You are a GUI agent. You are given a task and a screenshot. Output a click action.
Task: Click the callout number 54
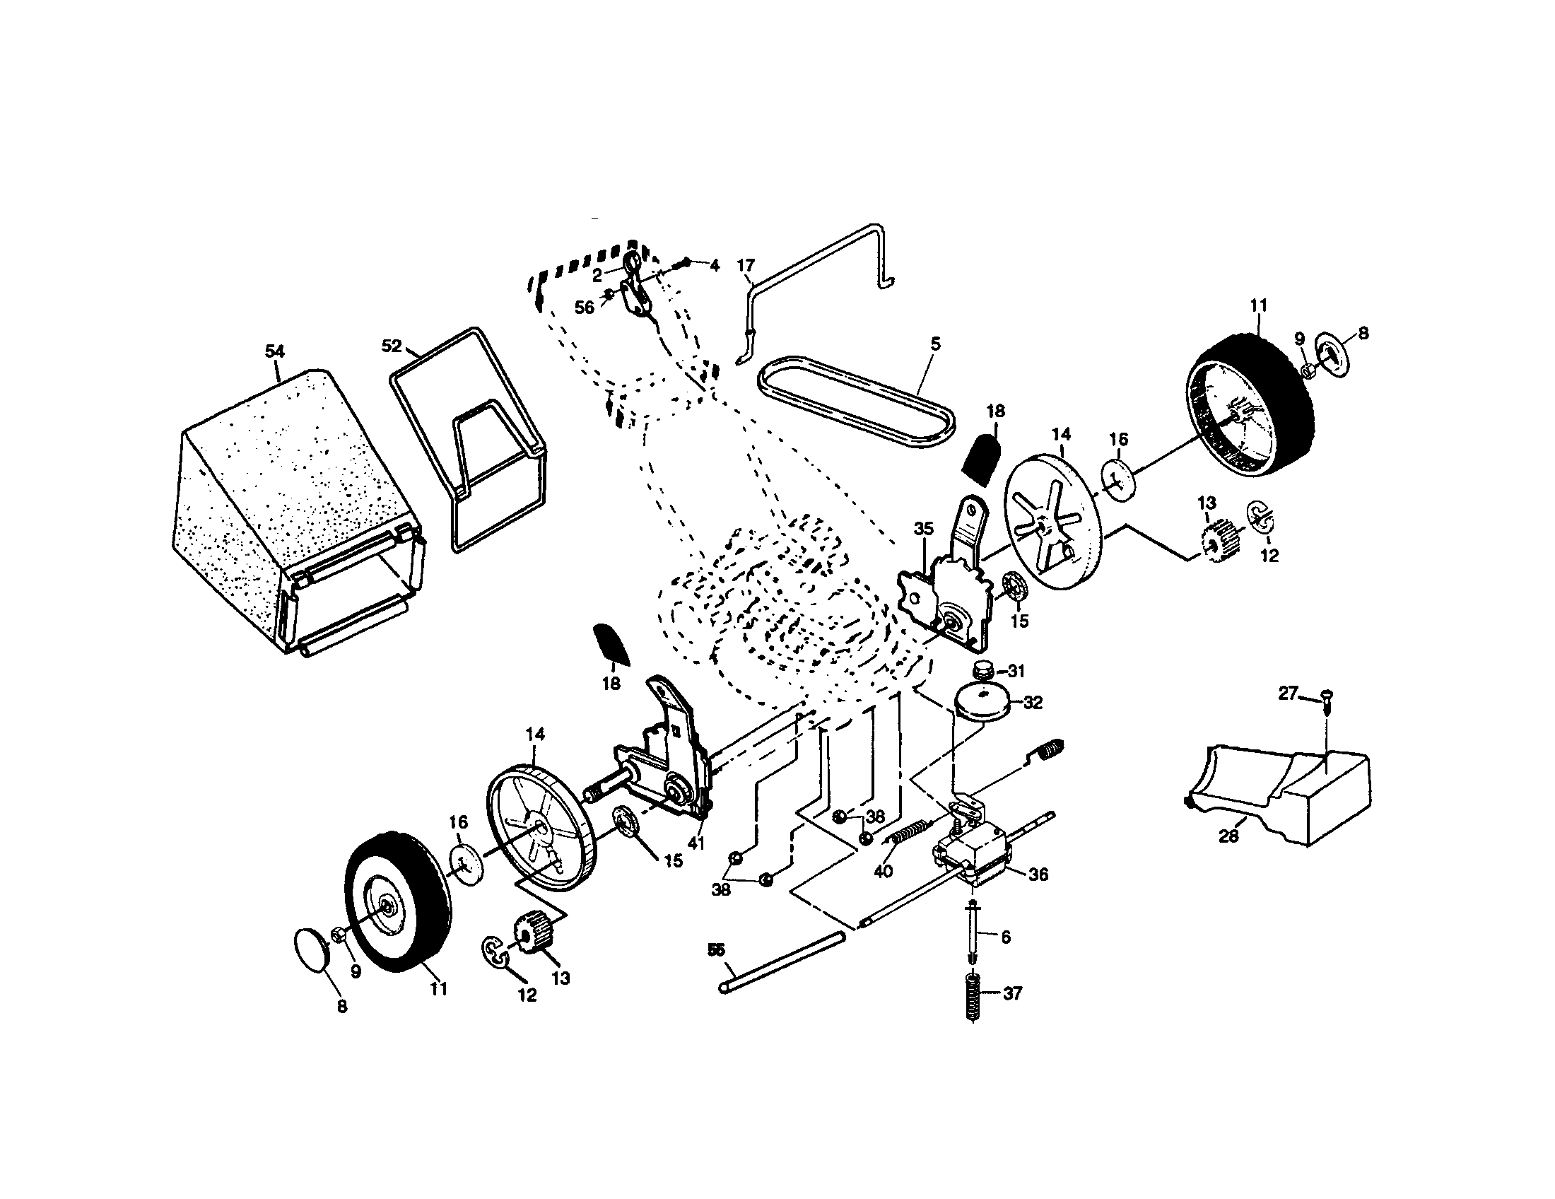275,351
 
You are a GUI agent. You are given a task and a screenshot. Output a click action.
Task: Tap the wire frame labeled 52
470,441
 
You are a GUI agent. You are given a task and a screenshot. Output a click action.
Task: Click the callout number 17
745,266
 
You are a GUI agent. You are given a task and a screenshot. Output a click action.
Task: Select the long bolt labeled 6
973,932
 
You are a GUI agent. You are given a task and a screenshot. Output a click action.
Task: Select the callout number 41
696,843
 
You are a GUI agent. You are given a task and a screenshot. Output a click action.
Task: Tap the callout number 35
924,529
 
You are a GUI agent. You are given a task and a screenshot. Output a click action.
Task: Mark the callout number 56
584,308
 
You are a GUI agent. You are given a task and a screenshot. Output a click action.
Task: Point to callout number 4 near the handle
715,266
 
